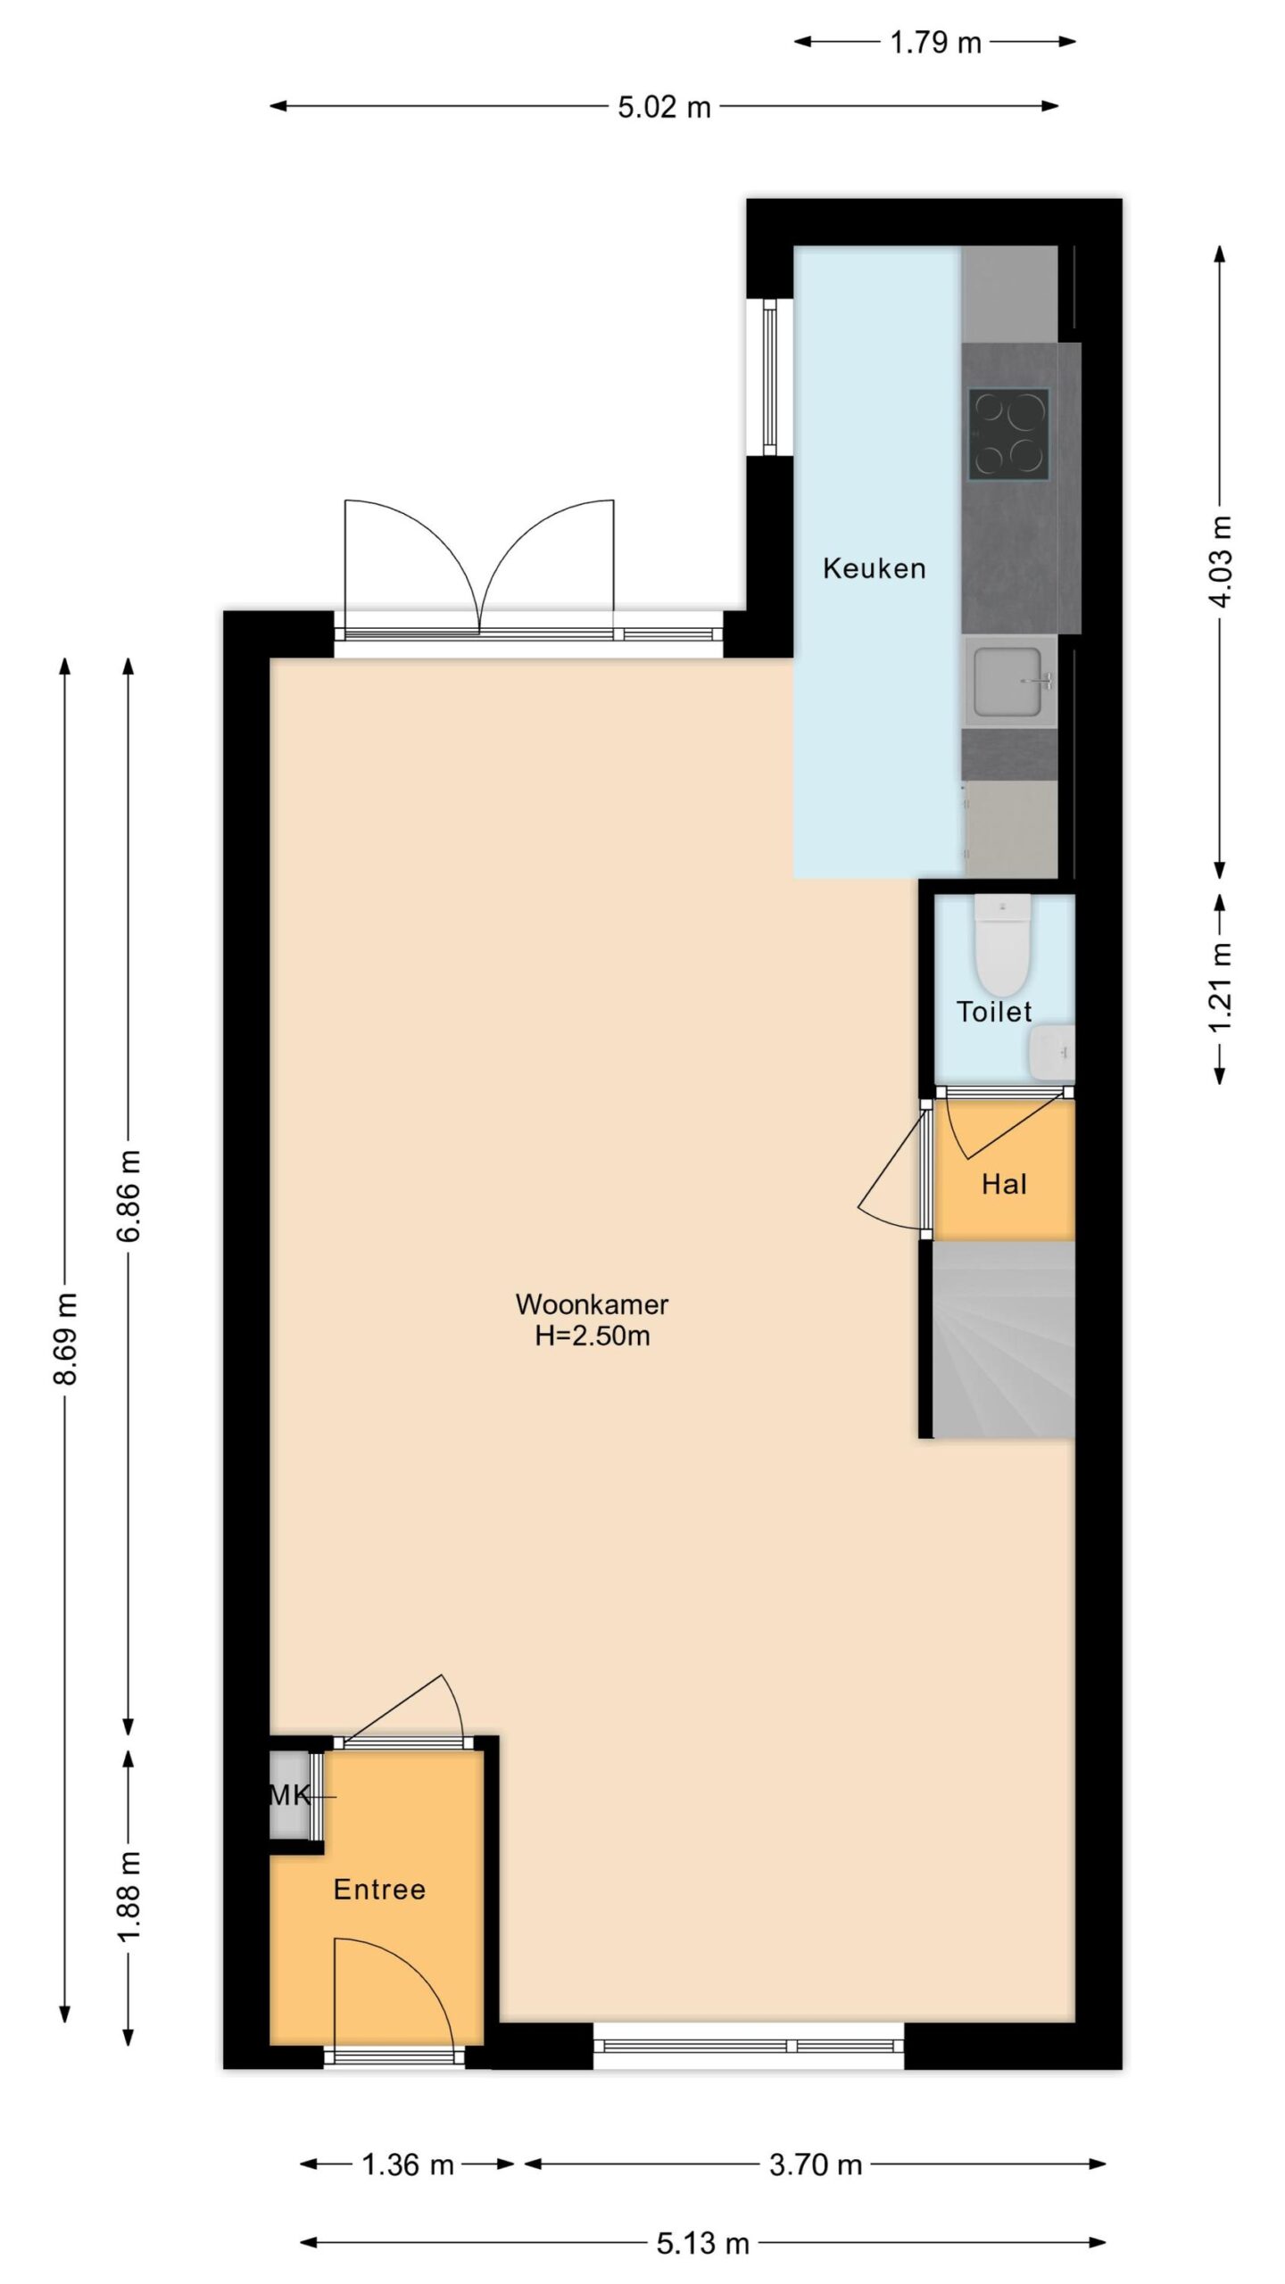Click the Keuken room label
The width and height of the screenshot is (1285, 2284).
click(x=874, y=568)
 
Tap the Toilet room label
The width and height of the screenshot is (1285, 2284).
click(x=993, y=1011)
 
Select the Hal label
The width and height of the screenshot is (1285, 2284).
click(x=1004, y=1184)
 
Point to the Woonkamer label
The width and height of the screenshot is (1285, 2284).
click(x=592, y=1304)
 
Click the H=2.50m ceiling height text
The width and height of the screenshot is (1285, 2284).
click(x=592, y=1336)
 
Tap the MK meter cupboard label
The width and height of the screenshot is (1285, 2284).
click(x=290, y=1795)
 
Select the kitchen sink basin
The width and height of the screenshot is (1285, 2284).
click(x=1009, y=683)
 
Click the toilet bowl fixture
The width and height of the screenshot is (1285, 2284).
click(x=1002, y=945)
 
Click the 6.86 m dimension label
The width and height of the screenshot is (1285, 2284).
click(x=128, y=1196)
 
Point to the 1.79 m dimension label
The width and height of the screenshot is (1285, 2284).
click(x=935, y=42)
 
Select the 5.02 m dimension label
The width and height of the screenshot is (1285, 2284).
click(x=664, y=107)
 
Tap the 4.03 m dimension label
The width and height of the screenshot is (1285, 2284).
click(x=1220, y=560)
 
